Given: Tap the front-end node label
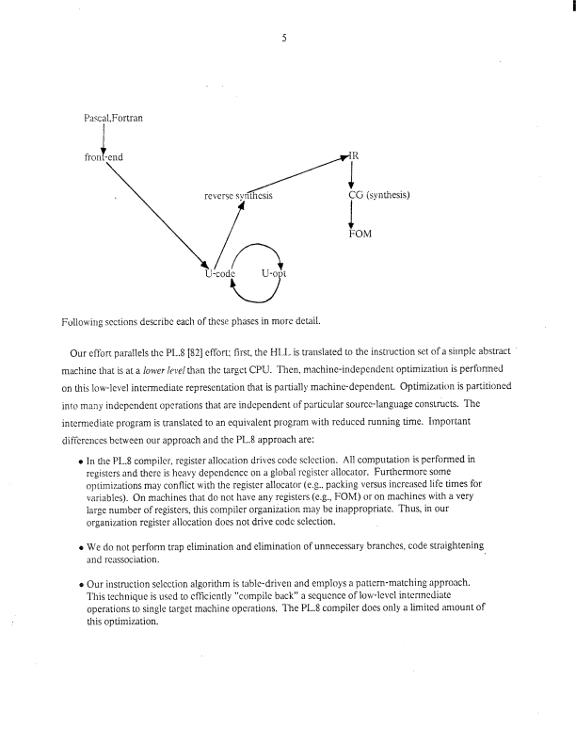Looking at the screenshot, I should click(104, 157).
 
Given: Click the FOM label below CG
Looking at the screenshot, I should click(361, 234).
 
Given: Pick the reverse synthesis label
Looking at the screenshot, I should click(237, 196).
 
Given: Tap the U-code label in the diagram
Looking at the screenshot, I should click(218, 274).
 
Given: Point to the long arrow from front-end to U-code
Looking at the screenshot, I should click(155, 215).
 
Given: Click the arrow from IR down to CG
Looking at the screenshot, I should click(351, 174).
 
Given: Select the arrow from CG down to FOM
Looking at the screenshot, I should click(351, 215).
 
